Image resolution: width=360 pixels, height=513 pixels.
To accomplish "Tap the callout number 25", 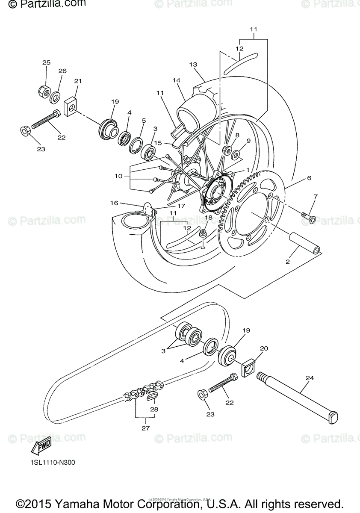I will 46,63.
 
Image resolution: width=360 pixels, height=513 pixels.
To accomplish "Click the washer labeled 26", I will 55,97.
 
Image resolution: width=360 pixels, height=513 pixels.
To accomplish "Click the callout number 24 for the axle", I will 310,378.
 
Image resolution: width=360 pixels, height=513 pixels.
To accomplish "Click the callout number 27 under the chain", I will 145,428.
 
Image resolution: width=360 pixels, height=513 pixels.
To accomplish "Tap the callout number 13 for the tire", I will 193,65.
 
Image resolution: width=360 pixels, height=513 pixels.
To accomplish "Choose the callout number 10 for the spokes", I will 118,176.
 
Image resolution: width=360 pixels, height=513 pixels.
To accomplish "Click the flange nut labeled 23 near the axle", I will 203,395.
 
